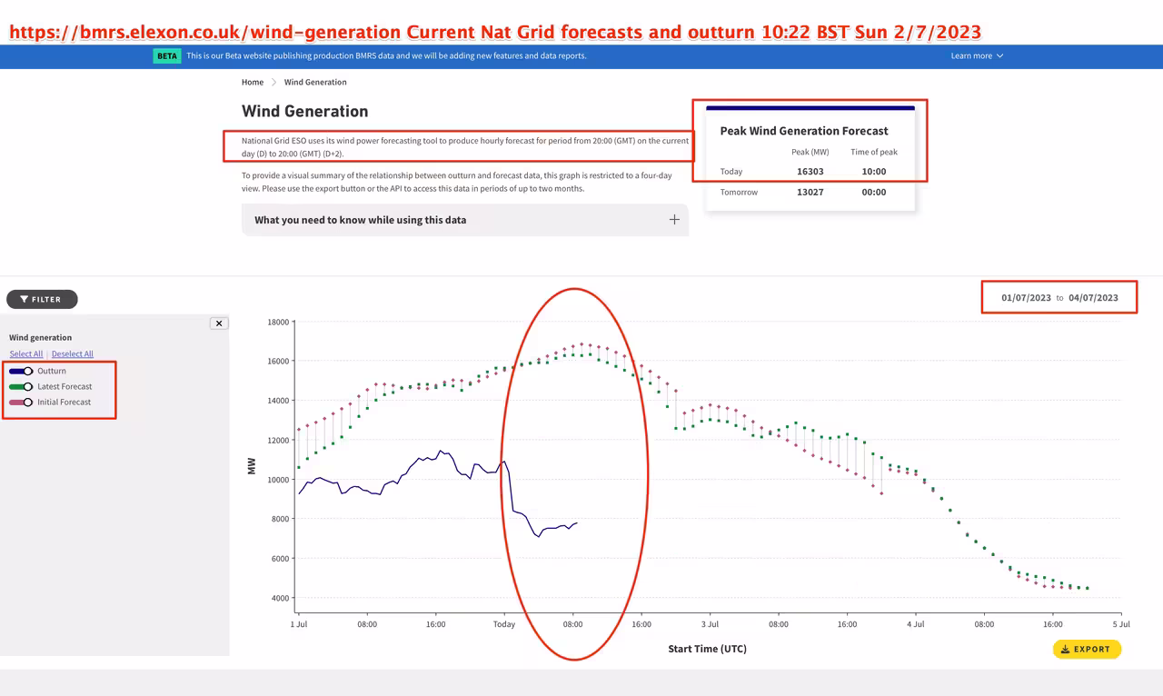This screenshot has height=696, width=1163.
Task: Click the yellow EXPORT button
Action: [x=1087, y=649]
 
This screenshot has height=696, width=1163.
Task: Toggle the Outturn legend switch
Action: [x=22, y=371]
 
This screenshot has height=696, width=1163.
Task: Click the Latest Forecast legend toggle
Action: [x=22, y=386]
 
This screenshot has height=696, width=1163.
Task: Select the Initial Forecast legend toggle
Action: [x=22, y=402]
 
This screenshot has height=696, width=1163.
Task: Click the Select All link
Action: [x=26, y=353]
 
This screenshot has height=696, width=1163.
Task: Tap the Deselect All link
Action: [x=73, y=353]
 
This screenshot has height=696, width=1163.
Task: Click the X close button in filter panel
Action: [x=219, y=323]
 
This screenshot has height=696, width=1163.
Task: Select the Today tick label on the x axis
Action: [x=504, y=624]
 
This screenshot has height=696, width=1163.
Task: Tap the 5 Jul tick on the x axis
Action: [x=1120, y=624]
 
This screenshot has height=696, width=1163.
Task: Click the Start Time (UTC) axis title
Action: [x=707, y=649]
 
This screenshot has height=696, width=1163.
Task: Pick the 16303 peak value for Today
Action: [x=810, y=171]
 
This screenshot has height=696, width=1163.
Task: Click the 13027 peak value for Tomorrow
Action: [x=810, y=192]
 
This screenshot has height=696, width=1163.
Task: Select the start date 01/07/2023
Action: [x=1026, y=297]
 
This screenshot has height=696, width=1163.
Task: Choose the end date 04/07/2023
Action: [x=1093, y=297]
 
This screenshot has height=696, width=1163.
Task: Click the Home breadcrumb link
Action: [x=253, y=82]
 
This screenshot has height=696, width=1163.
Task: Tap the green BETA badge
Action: [x=167, y=55]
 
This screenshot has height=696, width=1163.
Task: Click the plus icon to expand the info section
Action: [x=674, y=220]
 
